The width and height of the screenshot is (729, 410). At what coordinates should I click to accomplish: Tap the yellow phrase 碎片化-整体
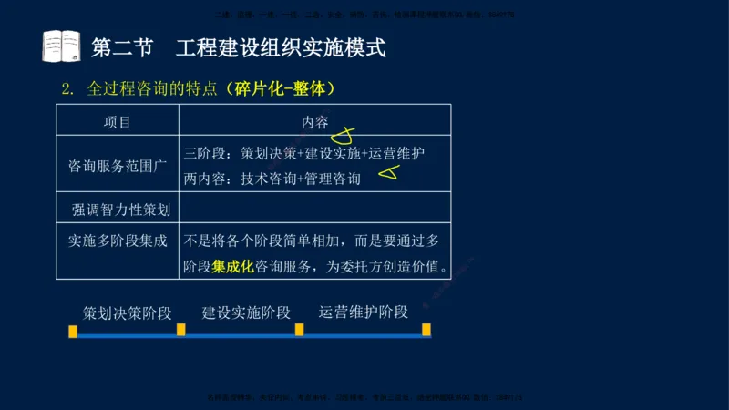(283, 89)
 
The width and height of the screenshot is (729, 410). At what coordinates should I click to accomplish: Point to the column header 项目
(118, 122)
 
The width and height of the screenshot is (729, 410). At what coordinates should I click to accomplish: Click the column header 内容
(314, 122)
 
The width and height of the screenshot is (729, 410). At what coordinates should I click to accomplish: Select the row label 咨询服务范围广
(118, 167)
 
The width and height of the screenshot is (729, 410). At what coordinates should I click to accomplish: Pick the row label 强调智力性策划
(121, 210)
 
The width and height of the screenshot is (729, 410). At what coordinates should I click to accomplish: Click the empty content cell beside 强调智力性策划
(314, 210)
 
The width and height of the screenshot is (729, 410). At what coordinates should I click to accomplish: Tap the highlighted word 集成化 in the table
(232, 267)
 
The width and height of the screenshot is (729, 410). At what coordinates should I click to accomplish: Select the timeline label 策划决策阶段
(128, 313)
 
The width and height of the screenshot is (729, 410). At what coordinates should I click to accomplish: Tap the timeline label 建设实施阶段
(246, 313)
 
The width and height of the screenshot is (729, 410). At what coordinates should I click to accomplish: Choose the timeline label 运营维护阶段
(363, 312)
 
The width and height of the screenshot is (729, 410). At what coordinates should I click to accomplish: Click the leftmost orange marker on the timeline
(73, 331)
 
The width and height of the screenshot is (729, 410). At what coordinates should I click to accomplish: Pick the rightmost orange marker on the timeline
(426, 329)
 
